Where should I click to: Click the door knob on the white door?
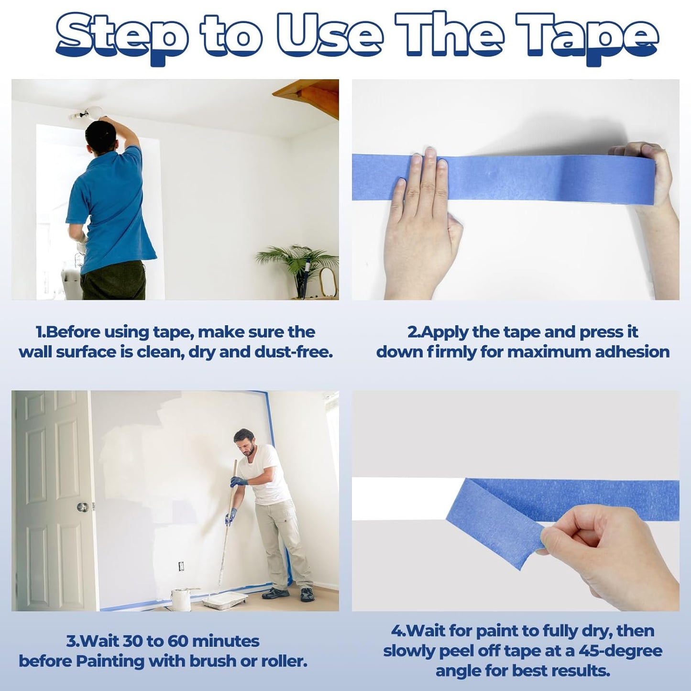[x=82, y=506]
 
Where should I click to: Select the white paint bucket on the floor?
[x=181, y=599]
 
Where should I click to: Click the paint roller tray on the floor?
[x=225, y=600]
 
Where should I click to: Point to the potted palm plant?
[x=296, y=263]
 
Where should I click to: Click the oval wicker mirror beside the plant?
[x=328, y=282]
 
